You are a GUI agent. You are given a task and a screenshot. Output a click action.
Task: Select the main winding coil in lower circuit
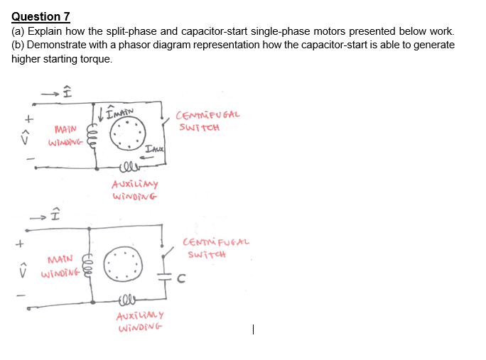point(88,262)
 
